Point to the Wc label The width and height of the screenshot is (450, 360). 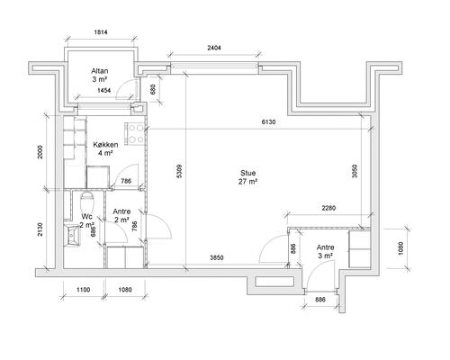pos(86,216)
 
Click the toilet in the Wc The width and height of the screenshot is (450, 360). pos(87,202)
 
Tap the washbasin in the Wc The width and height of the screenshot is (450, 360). pos(72,235)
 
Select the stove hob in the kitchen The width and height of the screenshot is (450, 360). pos(135,134)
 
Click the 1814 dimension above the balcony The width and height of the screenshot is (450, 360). pos(101,31)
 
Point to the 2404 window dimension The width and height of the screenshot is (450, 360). pos(214,48)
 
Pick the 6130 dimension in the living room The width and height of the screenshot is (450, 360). pos(268,121)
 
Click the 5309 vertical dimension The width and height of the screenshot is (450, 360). pos(179,171)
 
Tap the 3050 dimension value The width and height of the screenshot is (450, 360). pos(355,171)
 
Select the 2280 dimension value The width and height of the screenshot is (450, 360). pos(328,208)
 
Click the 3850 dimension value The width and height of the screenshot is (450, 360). pos(217,257)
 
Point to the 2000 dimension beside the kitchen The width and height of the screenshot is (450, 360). pos(40,152)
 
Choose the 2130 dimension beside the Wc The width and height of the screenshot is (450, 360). pos(40,229)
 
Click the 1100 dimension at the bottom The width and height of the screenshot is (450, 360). pos(84,290)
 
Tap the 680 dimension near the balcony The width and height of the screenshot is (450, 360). pos(153,90)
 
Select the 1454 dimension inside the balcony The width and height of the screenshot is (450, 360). pos(104,90)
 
